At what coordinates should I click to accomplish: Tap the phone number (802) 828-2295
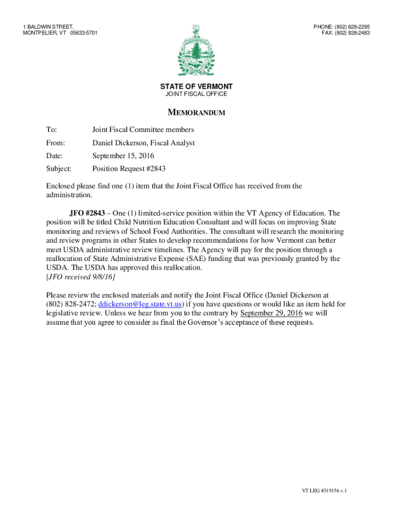(x=352, y=27)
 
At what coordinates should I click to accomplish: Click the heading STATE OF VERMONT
(x=196, y=87)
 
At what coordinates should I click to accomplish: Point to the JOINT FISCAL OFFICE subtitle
(x=196, y=94)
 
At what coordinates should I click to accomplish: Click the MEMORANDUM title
(x=196, y=113)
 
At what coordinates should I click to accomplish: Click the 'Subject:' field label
(x=59, y=168)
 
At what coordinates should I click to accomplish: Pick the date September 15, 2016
(x=123, y=155)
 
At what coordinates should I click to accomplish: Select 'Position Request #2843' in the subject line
(x=129, y=168)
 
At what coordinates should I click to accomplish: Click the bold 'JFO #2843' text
(x=87, y=213)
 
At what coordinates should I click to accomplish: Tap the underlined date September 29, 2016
(x=271, y=313)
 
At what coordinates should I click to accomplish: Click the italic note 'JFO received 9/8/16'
(x=81, y=277)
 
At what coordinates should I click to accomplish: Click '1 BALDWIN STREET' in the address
(x=48, y=27)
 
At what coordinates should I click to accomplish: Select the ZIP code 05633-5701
(x=84, y=33)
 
